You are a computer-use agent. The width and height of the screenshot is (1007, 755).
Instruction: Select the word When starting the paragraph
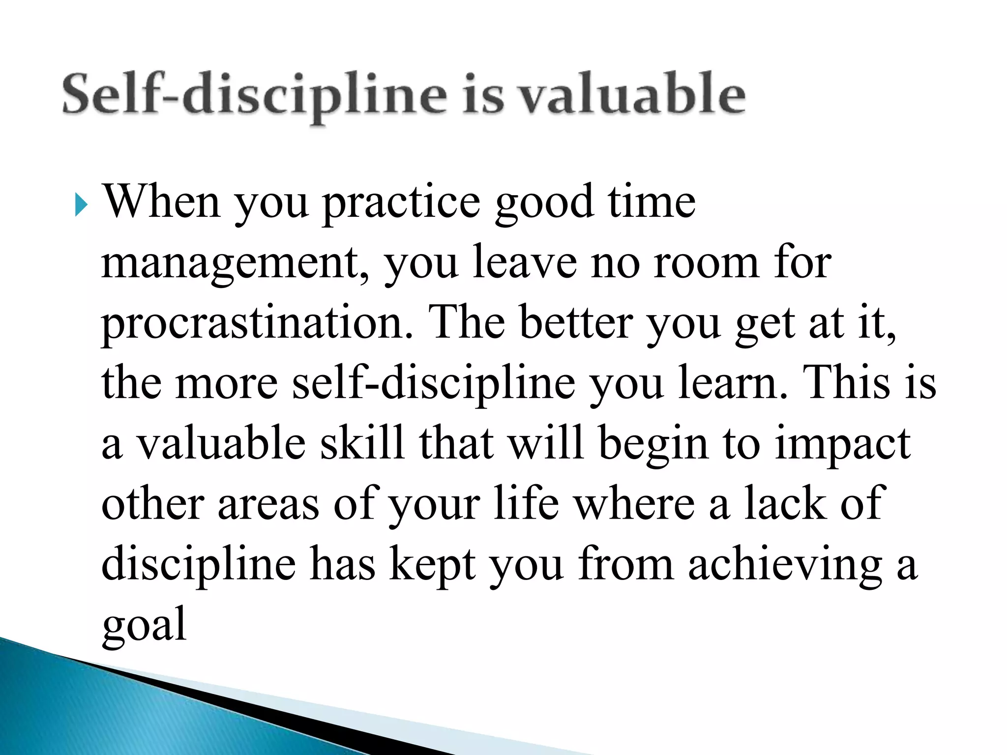pos(160,202)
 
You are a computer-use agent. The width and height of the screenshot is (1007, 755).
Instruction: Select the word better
pos(576,323)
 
